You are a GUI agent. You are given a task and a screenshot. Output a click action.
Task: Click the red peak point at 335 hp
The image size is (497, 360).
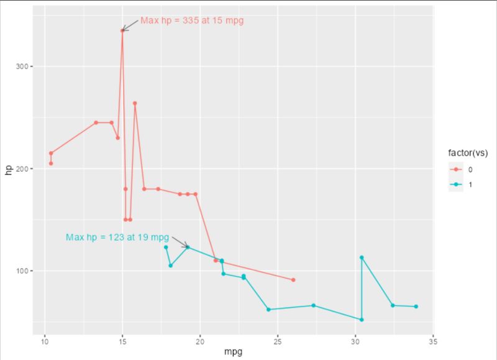(x=122, y=30)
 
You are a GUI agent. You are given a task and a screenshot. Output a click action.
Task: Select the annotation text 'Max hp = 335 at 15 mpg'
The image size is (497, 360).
(x=192, y=21)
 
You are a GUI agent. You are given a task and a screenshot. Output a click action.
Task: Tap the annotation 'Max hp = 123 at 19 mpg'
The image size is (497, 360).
(x=117, y=238)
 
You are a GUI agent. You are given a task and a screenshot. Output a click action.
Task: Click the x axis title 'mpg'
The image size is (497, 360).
(x=233, y=353)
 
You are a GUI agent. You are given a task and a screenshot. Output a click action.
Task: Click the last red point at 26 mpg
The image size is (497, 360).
(x=293, y=280)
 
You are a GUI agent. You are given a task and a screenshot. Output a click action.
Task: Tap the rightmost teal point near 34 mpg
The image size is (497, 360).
(x=416, y=307)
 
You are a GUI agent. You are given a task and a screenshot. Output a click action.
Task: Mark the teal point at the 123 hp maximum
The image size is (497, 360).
(x=188, y=247)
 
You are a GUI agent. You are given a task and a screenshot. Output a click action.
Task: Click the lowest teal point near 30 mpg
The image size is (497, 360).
(x=362, y=320)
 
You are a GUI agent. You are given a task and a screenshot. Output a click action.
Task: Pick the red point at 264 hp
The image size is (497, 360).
(x=135, y=103)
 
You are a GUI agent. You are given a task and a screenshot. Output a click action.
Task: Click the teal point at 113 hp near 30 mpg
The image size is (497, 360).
(x=362, y=257)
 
